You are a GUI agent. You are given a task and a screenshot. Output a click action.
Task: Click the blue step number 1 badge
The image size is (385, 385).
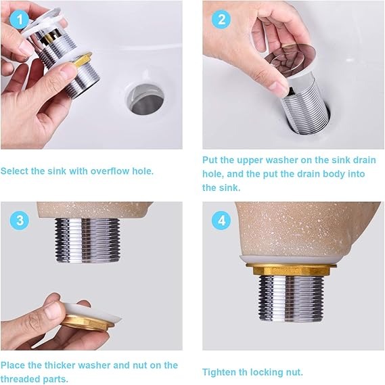click(x=20, y=20)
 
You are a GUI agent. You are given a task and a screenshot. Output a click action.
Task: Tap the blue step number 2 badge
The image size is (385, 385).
click(x=221, y=20)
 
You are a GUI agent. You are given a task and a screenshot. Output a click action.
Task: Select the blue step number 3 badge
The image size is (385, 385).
click(x=20, y=221)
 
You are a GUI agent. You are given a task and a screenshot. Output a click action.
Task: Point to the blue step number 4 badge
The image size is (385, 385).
click(x=221, y=221)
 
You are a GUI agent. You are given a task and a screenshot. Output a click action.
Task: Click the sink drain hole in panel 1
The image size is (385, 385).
click(x=145, y=99)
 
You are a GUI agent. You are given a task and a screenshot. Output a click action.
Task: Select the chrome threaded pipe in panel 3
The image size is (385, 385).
click(x=87, y=240)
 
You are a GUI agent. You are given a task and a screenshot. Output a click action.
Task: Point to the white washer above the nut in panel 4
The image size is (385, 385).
click(x=288, y=260)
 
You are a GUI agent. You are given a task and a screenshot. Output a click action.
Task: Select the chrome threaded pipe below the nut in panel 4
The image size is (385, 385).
click(x=291, y=298)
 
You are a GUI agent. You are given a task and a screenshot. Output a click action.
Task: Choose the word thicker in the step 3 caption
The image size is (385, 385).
click(x=60, y=365)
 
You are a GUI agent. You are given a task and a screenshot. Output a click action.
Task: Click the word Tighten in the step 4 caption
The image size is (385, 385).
click(x=219, y=372)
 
